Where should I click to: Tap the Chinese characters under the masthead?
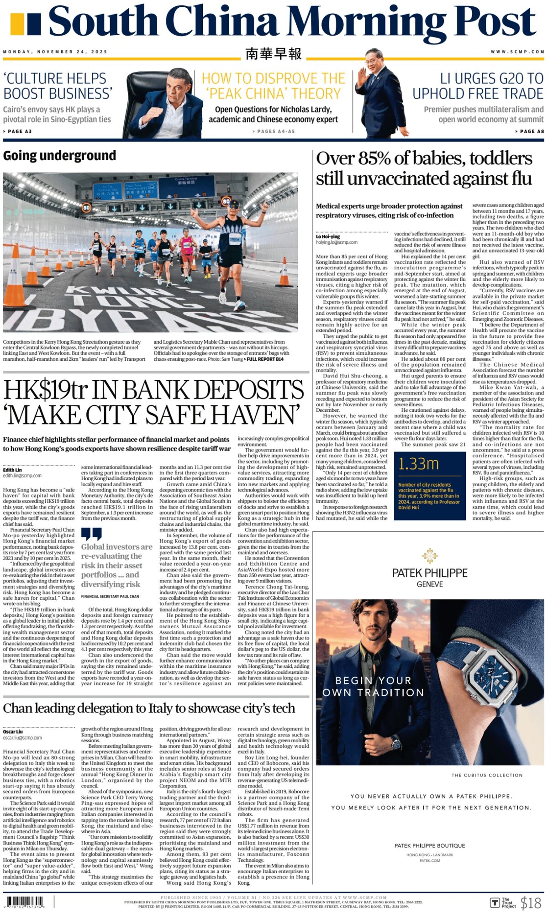(x=273, y=53)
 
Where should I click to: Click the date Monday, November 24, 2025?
(x=55, y=52)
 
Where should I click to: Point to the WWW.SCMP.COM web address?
(x=517, y=52)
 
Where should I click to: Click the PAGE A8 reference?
(x=529, y=131)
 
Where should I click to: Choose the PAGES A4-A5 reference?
(x=274, y=131)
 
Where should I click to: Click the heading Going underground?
(x=59, y=156)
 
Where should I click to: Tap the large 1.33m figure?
(x=418, y=464)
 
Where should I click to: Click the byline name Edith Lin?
(x=12, y=470)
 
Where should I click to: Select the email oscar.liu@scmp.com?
(x=22, y=738)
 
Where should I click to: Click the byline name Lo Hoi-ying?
(x=328, y=236)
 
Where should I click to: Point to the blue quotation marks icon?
(x=91, y=534)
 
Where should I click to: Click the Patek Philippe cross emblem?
(x=430, y=556)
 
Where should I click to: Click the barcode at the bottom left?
(x=25, y=902)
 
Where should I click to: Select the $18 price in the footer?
(x=531, y=903)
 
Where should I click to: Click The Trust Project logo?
(x=503, y=903)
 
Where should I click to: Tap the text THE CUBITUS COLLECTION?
(x=487, y=775)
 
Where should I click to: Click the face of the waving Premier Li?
(x=374, y=60)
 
